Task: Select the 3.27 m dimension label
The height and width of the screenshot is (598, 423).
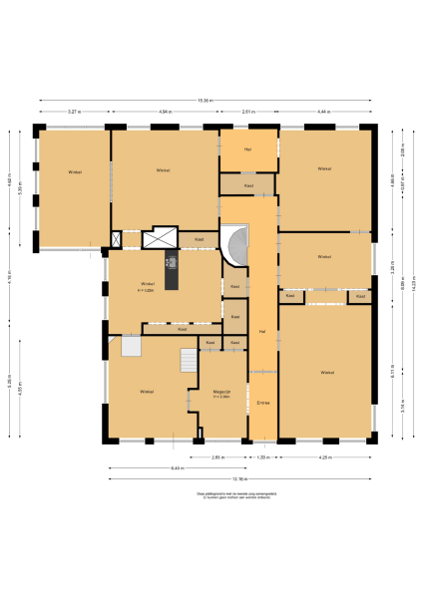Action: (x=74, y=112)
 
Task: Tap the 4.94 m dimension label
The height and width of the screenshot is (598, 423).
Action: (x=165, y=112)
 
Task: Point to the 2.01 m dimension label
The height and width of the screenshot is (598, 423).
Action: (x=249, y=112)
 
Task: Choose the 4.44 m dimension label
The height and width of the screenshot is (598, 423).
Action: (x=323, y=112)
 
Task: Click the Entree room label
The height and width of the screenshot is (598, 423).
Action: (x=262, y=402)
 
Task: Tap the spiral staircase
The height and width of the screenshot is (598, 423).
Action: (x=235, y=247)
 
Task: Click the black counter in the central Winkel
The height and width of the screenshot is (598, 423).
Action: (x=171, y=272)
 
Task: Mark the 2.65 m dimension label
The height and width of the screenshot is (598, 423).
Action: (x=217, y=457)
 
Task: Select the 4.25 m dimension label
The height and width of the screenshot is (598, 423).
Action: (x=324, y=457)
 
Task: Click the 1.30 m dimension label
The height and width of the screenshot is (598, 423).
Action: (x=262, y=457)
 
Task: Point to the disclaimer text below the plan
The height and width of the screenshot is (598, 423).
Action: (x=211, y=495)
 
